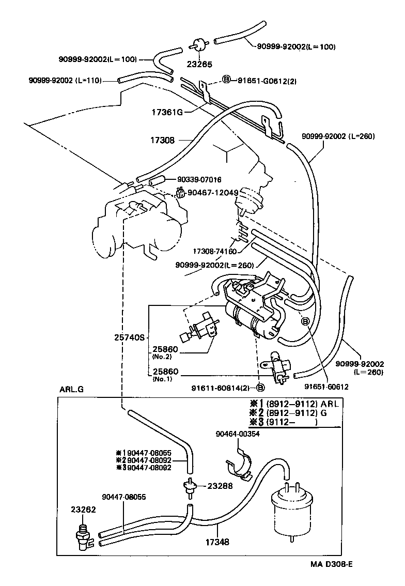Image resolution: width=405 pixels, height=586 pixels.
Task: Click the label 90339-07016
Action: (x=199, y=180)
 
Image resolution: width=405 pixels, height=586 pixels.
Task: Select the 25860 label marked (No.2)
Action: (x=165, y=349)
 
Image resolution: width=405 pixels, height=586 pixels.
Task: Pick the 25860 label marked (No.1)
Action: (x=165, y=372)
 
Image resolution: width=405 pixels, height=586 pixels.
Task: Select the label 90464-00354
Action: (x=238, y=435)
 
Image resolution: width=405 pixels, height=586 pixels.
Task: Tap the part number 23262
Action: (x=84, y=509)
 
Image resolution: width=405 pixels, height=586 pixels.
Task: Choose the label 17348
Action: (x=216, y=543)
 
